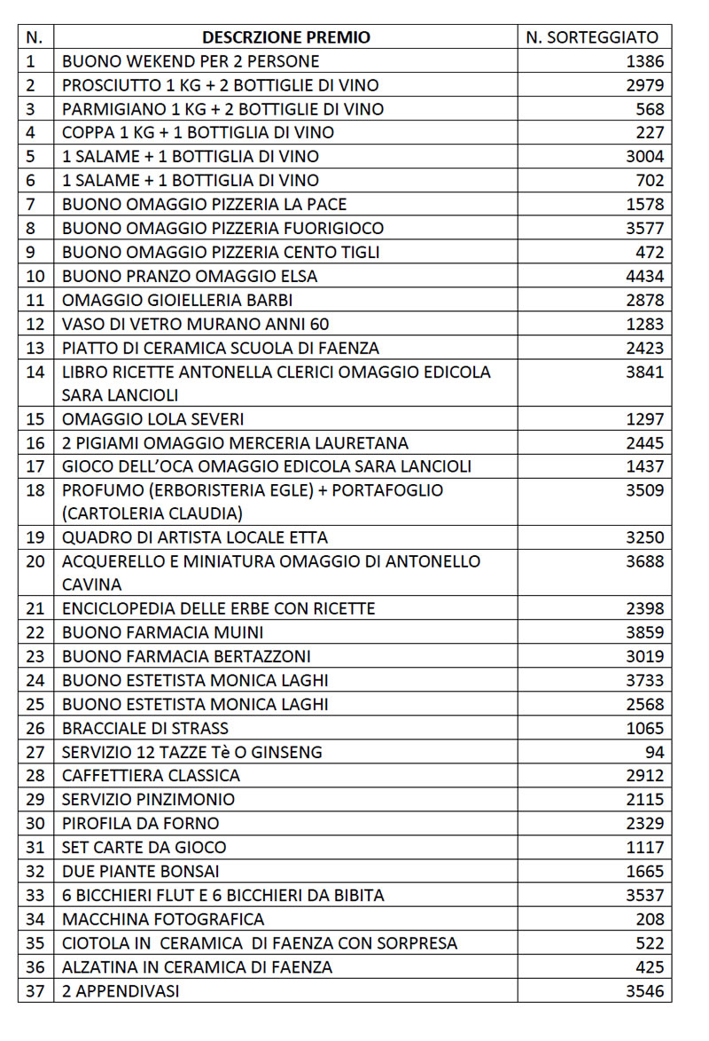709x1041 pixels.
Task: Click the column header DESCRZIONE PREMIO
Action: pos(286,37)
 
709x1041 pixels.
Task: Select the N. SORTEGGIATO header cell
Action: pos(592,37)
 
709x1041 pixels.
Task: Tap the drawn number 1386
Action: pos(644,61)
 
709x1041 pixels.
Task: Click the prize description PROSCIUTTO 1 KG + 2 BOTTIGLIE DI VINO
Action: pos(221,85)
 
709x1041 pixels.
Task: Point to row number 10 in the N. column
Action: pos(35,276)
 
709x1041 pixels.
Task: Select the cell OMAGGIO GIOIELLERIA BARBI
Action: pos(177,300)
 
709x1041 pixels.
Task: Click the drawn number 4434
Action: pos(644,276)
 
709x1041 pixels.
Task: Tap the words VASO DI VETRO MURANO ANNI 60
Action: pos(196,324)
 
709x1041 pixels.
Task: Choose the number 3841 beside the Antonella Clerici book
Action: pos(644,372)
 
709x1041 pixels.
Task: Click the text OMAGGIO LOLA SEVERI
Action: pos(153,419)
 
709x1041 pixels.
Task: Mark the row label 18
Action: pos(35,490)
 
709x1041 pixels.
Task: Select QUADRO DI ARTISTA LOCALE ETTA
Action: pos(195,537)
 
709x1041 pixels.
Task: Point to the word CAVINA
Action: pos(92,584)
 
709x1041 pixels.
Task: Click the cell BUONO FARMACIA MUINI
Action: pos(163,632)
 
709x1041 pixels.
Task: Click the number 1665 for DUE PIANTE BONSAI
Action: pos(644,871)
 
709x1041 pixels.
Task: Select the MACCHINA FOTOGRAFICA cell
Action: pos(163,919)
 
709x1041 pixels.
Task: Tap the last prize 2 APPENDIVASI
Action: pos(121,990)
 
